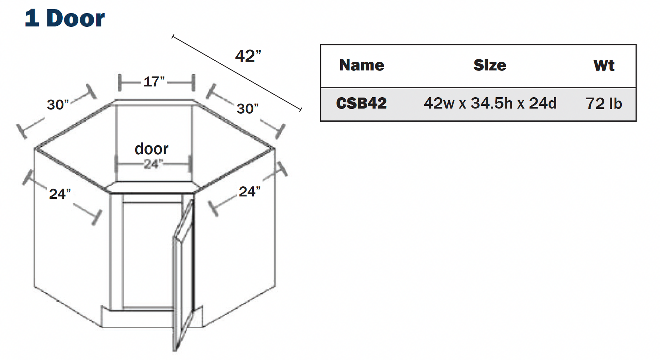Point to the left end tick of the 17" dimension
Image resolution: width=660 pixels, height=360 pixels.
119,83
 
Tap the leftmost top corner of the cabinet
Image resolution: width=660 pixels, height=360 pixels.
35,148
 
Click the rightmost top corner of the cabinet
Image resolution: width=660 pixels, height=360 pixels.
274,148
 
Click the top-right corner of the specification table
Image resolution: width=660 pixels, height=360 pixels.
636,45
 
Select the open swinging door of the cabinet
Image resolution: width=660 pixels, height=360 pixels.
183,275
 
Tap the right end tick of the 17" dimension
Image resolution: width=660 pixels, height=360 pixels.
193,83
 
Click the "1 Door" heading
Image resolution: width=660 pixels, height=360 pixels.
65,18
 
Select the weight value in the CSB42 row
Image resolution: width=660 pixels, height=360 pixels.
604,103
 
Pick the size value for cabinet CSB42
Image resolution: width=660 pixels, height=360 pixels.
490,103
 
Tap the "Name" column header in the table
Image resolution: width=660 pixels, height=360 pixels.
362,65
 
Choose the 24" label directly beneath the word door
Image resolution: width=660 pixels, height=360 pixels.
153,164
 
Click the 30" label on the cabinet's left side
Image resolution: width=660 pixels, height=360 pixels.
58,105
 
